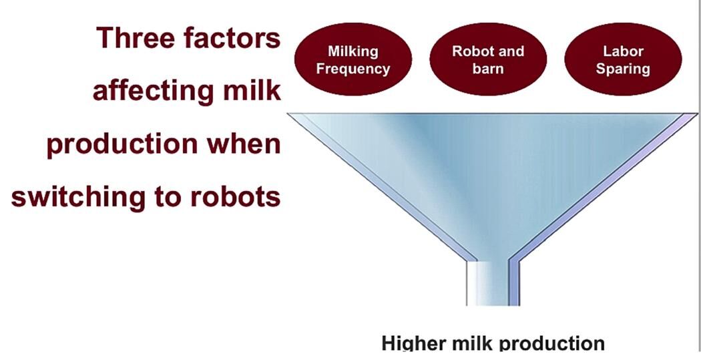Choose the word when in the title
243,144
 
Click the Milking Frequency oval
353,60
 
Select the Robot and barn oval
488,60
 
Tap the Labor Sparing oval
623,60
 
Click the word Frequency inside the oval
353,69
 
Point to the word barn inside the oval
488,69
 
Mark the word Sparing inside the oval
623,69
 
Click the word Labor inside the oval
623,51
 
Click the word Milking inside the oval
353,51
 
